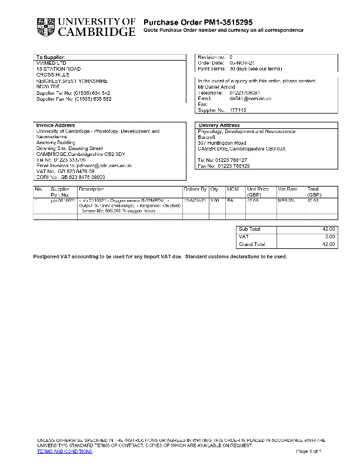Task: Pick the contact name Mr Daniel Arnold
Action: coord(216,86)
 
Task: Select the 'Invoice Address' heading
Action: coord(55,125)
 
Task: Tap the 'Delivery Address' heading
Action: coord(219,125)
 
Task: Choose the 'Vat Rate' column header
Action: coord(288,189)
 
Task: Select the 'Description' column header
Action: coord(91,189)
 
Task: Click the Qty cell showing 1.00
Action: coord(215,201)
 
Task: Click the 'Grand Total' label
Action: coord(252,244)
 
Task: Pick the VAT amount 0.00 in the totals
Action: coord(330,236)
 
